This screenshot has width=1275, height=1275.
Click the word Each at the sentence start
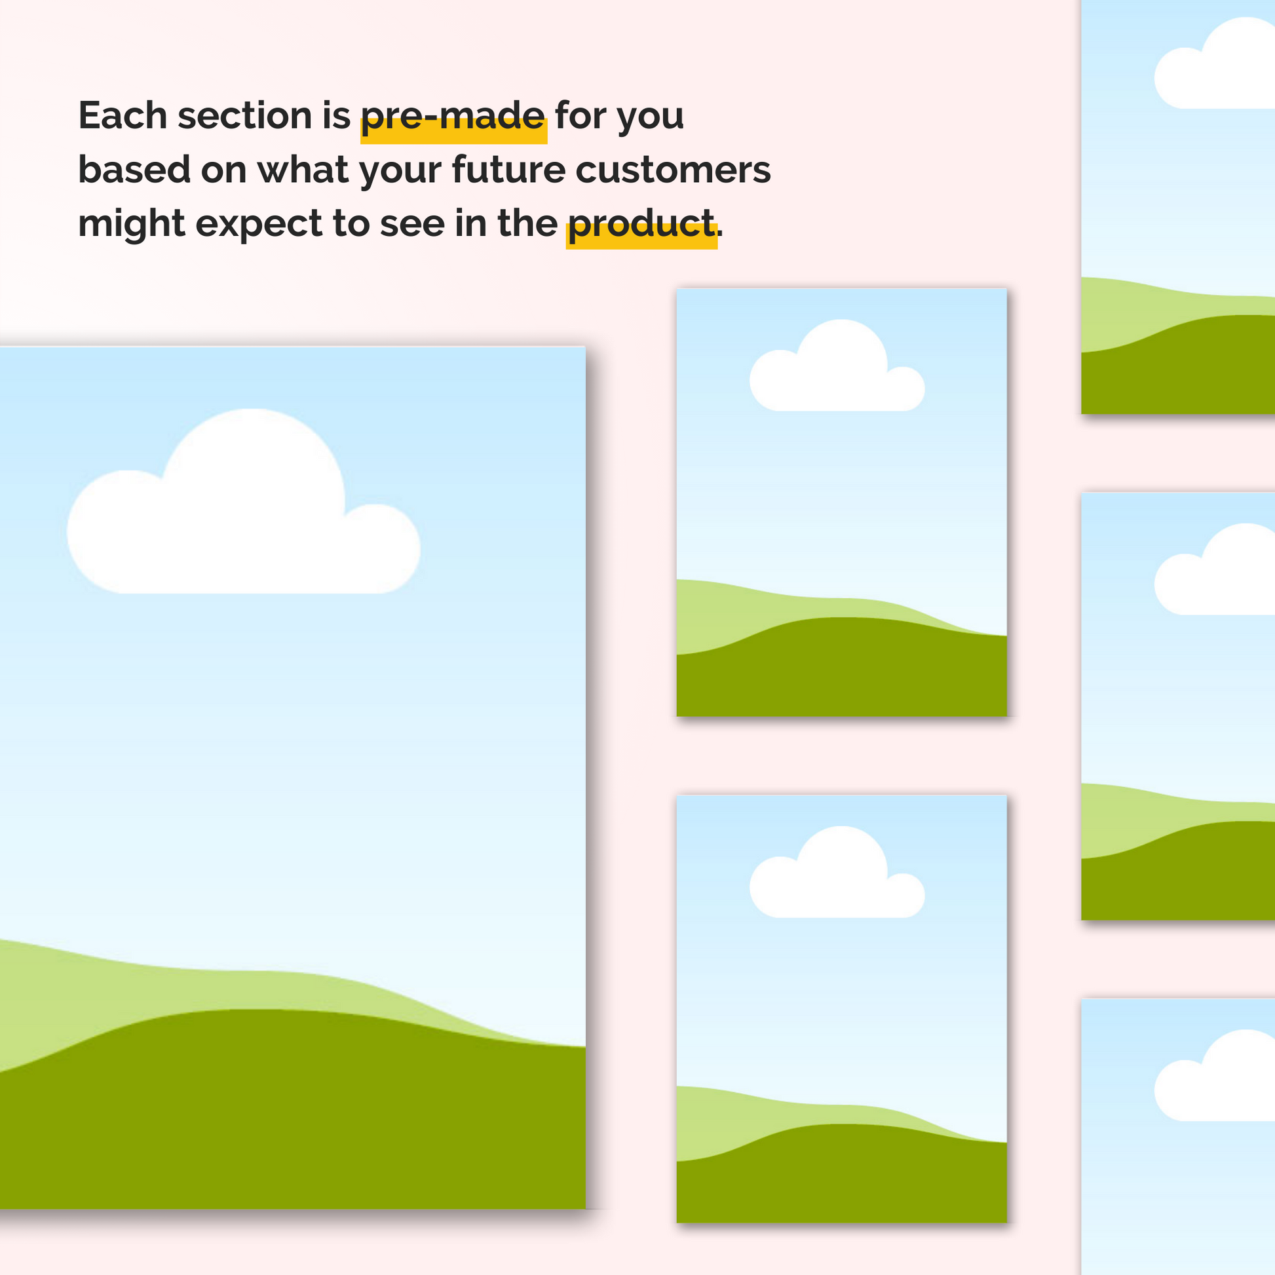click(x=122, y=115)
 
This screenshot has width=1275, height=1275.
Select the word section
click(x=245, y=115)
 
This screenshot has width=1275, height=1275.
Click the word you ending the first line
click(x=650, y=119)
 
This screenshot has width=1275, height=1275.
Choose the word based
click(x=134, y=170)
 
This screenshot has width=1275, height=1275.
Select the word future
click(x=509, y=170)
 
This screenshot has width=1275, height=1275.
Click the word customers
click(x=673, y=171)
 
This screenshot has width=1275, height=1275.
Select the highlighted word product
click(x=641, y=225)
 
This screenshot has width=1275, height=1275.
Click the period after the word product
click(x=720, y=235)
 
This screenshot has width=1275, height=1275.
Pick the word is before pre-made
click(x=336, y=115)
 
